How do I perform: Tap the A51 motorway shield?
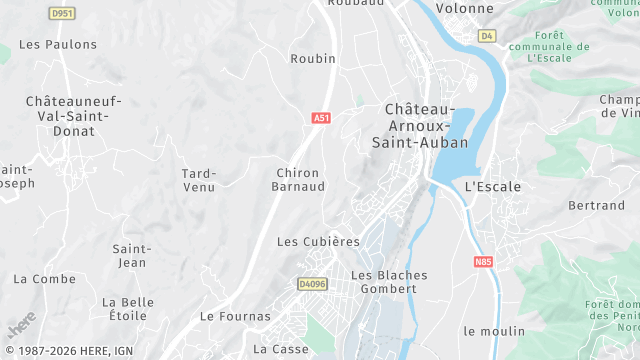pos(321,118)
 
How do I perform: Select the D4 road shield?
pos(487,36)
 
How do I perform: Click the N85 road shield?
pos(484,263)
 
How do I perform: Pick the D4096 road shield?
pos(313,284)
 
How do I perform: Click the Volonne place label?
pos(465,8)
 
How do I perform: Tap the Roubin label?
pos(313,59)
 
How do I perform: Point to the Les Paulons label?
pos(58,45)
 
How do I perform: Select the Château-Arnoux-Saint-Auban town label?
pos(421,126)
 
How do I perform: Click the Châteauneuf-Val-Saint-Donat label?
pos(73,116)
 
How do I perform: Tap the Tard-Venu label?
pos(199,180)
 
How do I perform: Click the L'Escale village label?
pos(489,187)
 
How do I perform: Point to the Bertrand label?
pos(596,206)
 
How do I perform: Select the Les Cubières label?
pos(317,242)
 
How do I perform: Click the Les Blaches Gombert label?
pos(389,282)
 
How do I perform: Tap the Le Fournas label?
pos(235,316)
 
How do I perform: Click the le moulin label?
pos(494,331)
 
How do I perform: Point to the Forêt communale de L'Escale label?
pos(548,46)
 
